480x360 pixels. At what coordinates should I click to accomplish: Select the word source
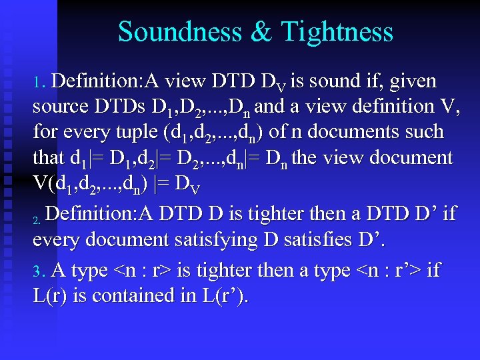(60, 107)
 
